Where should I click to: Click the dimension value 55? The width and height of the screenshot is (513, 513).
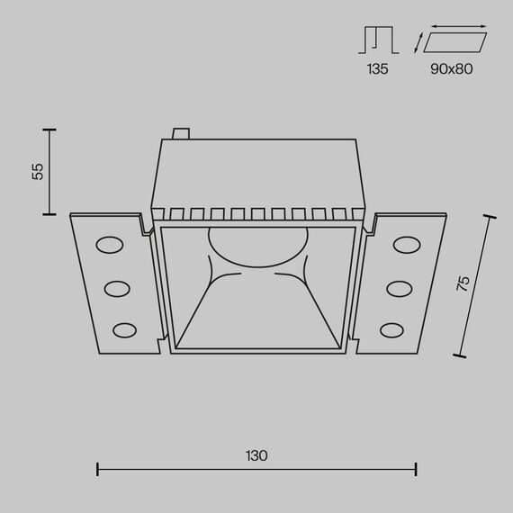point(38,171)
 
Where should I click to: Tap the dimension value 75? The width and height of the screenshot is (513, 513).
point(463,283)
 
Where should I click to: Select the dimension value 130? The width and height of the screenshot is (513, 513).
point(256,455)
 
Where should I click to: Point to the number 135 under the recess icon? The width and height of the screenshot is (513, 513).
point(378,68)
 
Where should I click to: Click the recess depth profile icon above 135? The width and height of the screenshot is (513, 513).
point(378,40)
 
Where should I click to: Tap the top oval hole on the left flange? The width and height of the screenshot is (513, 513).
point(110,246)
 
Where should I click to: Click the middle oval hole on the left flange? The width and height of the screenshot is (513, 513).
point(117,288)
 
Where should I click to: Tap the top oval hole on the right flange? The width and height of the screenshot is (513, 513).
point(406,246)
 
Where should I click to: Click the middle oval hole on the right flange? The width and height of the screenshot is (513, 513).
point(400,288)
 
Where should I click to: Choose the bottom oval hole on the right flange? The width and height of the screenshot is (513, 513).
point(393,328)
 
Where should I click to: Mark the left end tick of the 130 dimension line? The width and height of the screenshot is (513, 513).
point(97,468)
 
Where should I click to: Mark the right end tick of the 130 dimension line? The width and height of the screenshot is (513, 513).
point(416,468)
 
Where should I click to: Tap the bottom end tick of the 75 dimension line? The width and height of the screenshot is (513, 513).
point(461,356)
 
